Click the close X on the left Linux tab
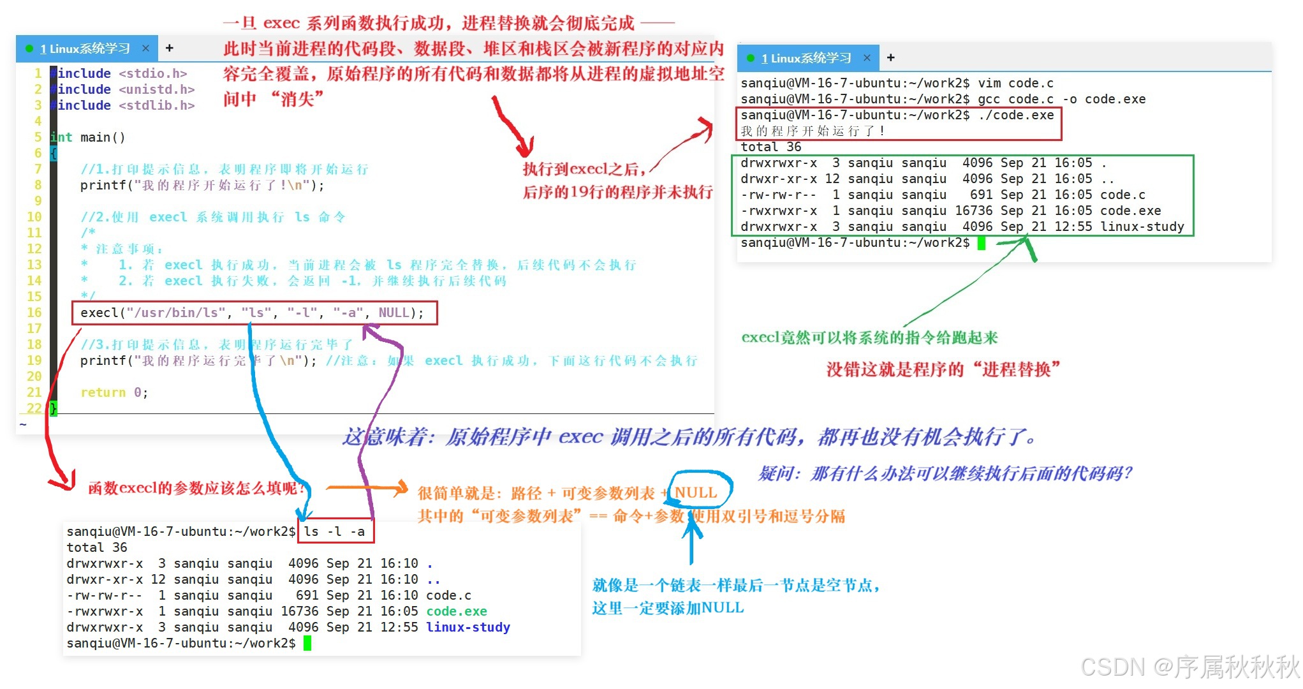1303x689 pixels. coord(145,48)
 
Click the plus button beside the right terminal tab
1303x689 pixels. coord(890,58)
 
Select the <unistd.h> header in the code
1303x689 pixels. coord(157,89)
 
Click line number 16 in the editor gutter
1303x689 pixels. coord(34,313)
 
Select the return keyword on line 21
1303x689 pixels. coord(103,392)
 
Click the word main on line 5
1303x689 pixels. coord(95,137)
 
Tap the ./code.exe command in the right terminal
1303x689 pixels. coord(1016,115)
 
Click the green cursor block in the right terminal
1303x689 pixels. coord(982,243)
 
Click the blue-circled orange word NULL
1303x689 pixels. coord(696,493)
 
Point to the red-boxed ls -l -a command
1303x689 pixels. coord(335,531)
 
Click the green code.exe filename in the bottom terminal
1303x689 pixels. coord(457,611)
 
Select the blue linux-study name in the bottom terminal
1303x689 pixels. coord(468,627)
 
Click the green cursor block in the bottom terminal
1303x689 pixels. coord(307,643)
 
